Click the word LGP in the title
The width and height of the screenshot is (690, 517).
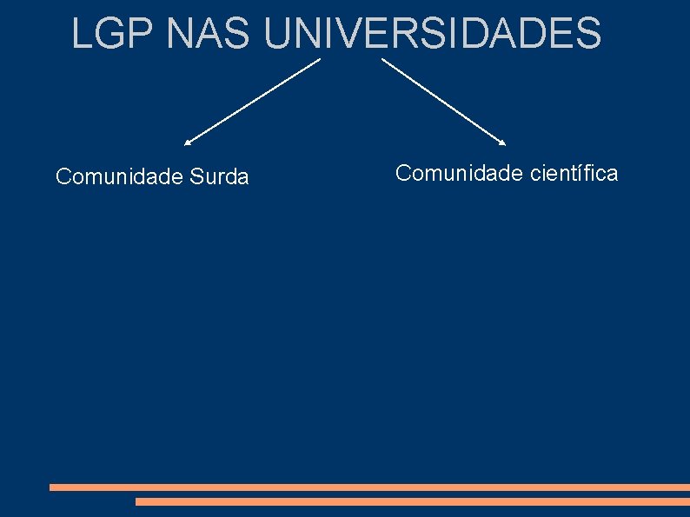click(x=113, y=33)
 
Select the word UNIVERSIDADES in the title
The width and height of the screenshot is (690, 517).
click(x=433, y=33)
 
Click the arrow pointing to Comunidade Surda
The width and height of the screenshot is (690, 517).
click(x=252, y=101)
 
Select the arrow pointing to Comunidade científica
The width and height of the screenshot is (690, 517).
click(x=443, y=101)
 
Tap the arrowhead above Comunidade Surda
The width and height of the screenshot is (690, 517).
click(x=188, y=142)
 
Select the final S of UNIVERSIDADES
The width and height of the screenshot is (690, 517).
click(x=588, y=33)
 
